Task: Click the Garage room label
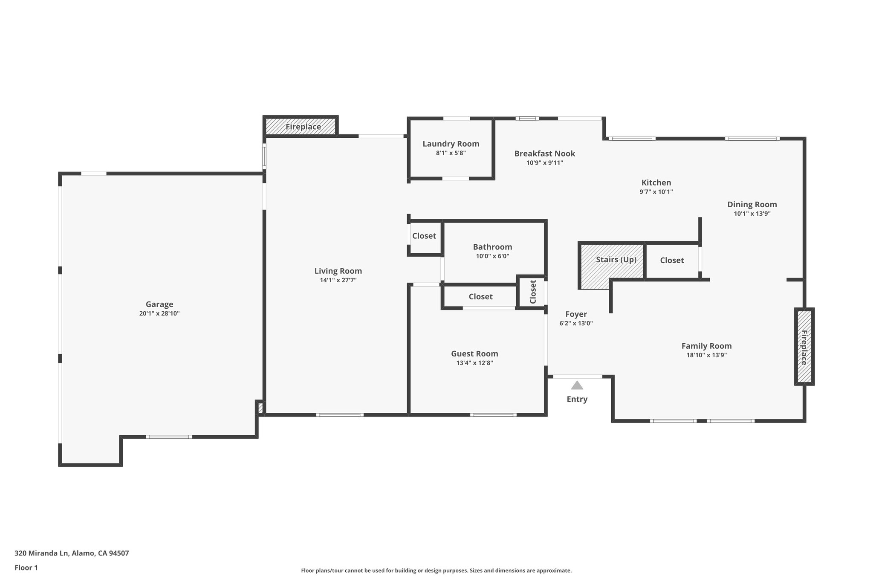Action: pos(159,304)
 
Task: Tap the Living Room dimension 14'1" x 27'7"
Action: pos(338,280)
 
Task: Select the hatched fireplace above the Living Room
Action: pos(301,127)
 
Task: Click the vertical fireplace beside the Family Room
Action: pos(804,347)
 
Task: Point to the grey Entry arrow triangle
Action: pos(577,385)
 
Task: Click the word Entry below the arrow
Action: pos(577,399)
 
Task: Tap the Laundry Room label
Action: pos(451,144)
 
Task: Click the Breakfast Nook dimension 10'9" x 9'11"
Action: pos(544,162)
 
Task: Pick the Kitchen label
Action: pos(656,182)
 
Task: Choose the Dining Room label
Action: pos(752,204)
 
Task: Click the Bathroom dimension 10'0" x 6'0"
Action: pos(492,256)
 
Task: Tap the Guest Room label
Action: pos(474,353)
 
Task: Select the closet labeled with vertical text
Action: pos(532,292)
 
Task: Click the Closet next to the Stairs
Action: pos(672,260)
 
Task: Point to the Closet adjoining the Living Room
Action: pos(424,236)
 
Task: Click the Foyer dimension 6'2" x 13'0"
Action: pos(576,323)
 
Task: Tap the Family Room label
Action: pos(706,346)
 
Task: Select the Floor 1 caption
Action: pos(26,568)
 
